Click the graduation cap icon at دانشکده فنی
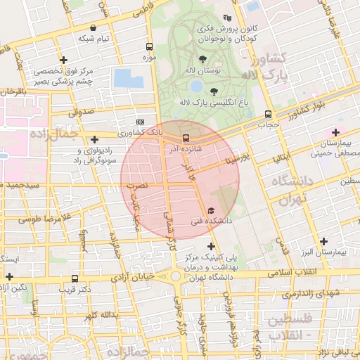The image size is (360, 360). click(x=210, y=211)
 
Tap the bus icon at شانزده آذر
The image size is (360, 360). click(x=186, y=139)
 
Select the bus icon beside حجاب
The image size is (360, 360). click(x=268, y=114)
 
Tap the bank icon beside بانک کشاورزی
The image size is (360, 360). click(x=139, y=121)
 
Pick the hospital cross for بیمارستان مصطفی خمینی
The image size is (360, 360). click(x=336, y=132)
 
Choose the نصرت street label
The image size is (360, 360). click(x=137, y=184)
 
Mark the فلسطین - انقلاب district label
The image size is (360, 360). click(x=290, y=327)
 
